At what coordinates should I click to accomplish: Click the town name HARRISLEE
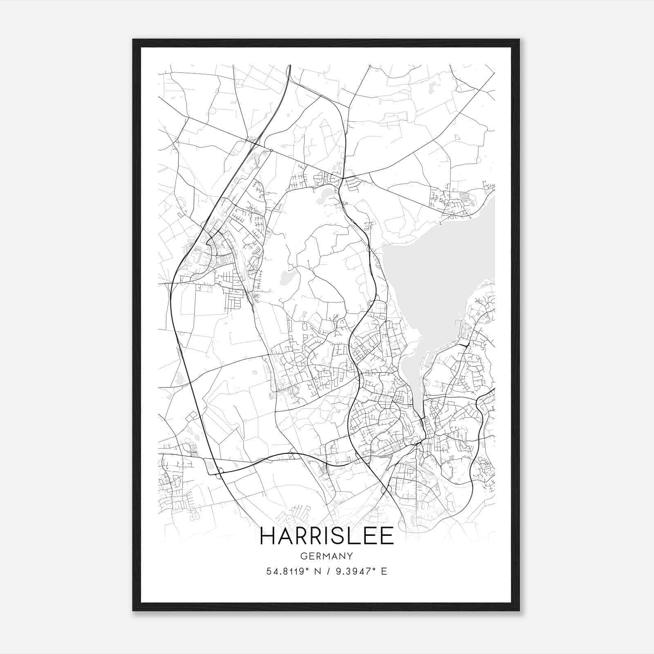327,536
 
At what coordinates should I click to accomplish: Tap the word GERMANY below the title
327,556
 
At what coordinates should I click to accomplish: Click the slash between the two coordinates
328,571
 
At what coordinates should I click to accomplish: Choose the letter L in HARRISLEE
356,536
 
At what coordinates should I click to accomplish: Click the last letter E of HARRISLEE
387,536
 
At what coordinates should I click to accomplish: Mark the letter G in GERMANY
304,556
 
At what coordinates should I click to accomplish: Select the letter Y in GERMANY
350,556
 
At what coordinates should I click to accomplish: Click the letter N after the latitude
316,571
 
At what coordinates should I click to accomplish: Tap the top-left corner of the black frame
133,40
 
